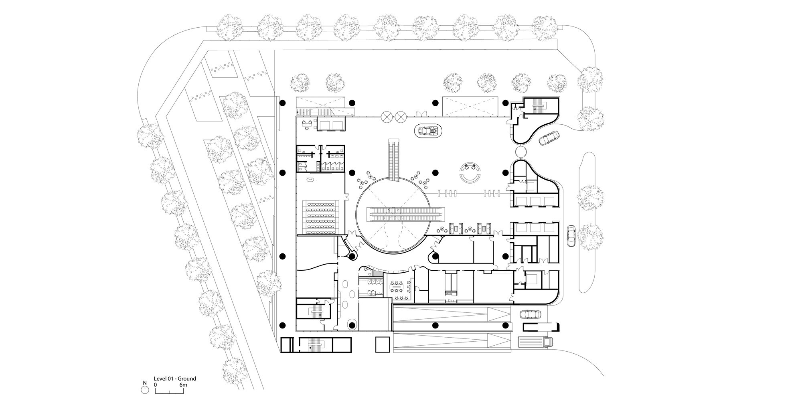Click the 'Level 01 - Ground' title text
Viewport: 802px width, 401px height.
175,379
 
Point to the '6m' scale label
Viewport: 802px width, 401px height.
183,385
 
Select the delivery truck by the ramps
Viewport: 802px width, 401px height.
535,342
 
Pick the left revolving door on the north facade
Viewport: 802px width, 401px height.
387,117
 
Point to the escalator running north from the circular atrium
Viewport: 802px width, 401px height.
394,159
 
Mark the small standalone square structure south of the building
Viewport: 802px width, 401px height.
383,344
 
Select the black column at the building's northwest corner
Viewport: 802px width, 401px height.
282,103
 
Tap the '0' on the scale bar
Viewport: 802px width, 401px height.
155,385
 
